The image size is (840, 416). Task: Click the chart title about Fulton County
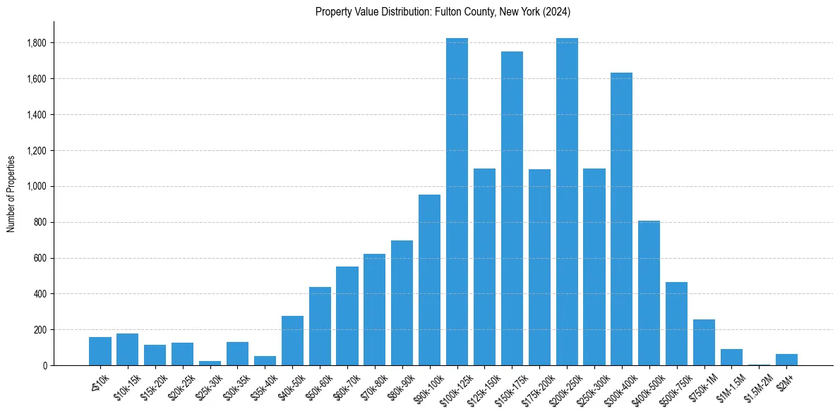[x=443, y=12]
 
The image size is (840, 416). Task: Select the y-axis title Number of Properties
[x=11, y=193]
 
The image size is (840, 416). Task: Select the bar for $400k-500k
[x=649, y=293]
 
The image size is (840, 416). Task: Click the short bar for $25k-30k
[x=210, y=363]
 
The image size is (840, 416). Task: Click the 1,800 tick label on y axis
[x=37, y=44]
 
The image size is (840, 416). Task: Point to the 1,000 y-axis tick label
[x=37, y=187]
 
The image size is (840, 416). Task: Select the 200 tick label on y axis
[x=40, y=330]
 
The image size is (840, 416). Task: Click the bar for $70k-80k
[x=374, y=310]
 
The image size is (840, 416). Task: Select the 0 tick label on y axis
[x=44, y=366]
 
